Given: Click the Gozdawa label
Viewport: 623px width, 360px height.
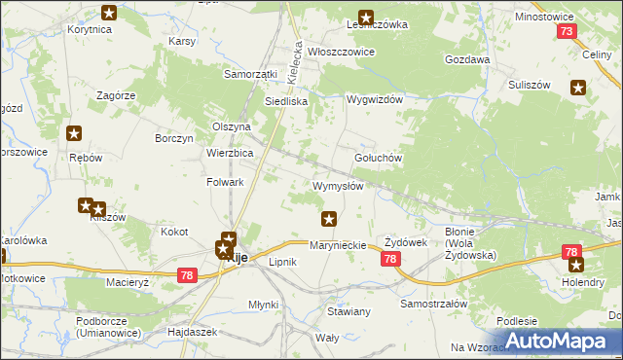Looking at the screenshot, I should pos(466,59).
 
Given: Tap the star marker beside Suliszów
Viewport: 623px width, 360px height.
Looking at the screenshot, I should pos(579,89).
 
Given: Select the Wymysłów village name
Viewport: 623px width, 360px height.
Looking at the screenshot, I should pos(338,186).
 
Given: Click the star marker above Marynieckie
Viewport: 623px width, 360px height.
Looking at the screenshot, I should pos(330,219).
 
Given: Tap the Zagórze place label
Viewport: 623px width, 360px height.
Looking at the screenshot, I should pos(115,95).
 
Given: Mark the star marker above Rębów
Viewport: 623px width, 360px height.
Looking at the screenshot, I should pos(73,135).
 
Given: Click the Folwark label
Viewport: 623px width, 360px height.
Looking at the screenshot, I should pos(225,182).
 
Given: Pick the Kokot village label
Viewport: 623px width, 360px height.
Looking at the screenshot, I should pos(174,233).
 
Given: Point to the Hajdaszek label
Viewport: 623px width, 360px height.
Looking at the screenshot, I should pos(193,332).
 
